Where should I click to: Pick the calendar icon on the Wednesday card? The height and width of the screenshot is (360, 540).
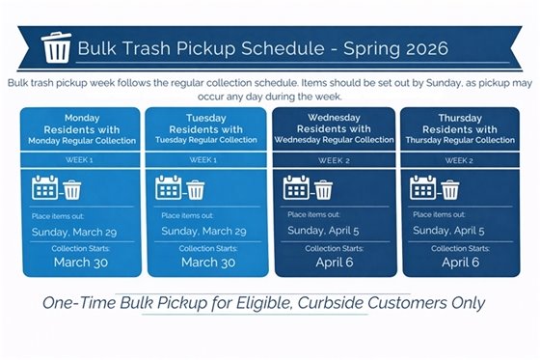(296, 187)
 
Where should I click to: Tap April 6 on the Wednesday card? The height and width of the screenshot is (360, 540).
(335, 262)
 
